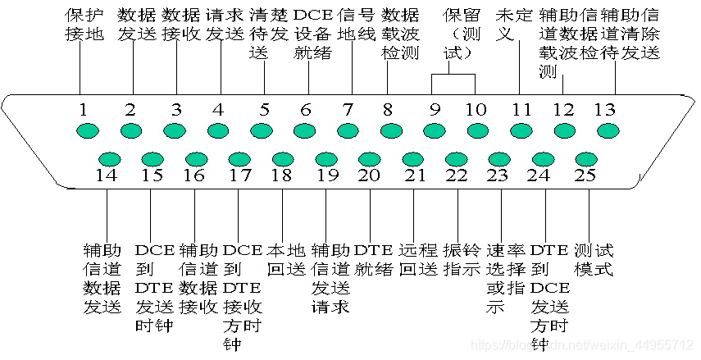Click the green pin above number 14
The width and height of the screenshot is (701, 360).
(109, 159)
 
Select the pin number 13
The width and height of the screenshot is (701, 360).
(604, 110)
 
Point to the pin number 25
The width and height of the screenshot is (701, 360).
(585, 175)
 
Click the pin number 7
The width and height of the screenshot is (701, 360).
(348, 109)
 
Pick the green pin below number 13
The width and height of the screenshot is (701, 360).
(606, 130)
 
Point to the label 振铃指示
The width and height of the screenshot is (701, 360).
(462, 259)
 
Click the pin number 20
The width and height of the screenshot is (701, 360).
(369, 175)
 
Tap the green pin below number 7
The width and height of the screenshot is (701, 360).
(348, 130)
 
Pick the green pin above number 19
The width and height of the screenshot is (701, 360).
(326, 159)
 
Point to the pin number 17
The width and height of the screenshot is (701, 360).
(239, 175)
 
